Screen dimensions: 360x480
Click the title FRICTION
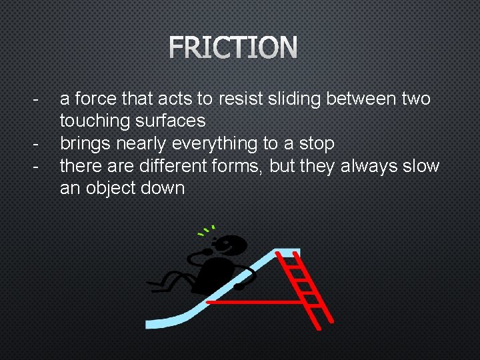[x=233, y=48]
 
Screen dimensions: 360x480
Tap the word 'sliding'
[x=291, y=99]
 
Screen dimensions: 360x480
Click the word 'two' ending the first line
[x=416, y=99]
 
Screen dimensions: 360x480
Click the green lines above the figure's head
[x=206, y=231]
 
